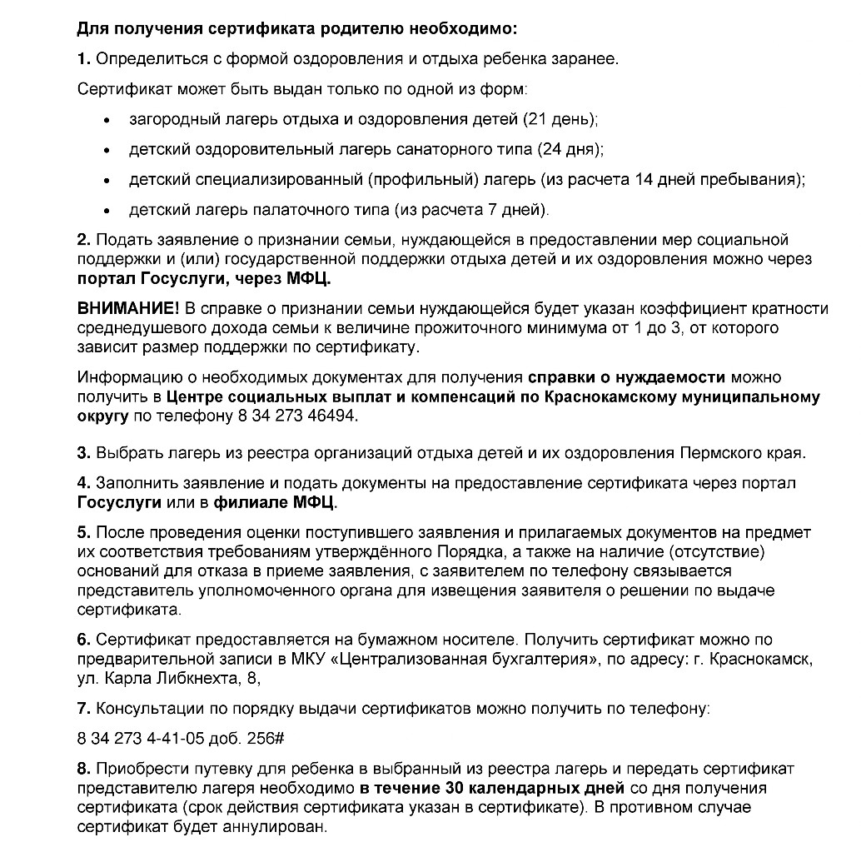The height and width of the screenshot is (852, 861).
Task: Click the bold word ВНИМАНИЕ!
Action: point(122,309)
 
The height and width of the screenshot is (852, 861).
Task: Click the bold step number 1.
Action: point(82,59)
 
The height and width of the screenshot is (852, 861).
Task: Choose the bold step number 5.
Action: point(82,532)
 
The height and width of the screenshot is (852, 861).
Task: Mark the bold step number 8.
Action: point(82,767)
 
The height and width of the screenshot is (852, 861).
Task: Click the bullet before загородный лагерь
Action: point(107,120)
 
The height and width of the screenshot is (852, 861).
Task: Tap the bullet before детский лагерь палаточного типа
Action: point(107,210)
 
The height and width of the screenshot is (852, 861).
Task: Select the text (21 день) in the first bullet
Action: point(560,119)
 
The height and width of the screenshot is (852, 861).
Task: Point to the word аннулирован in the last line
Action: point(276,827)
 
